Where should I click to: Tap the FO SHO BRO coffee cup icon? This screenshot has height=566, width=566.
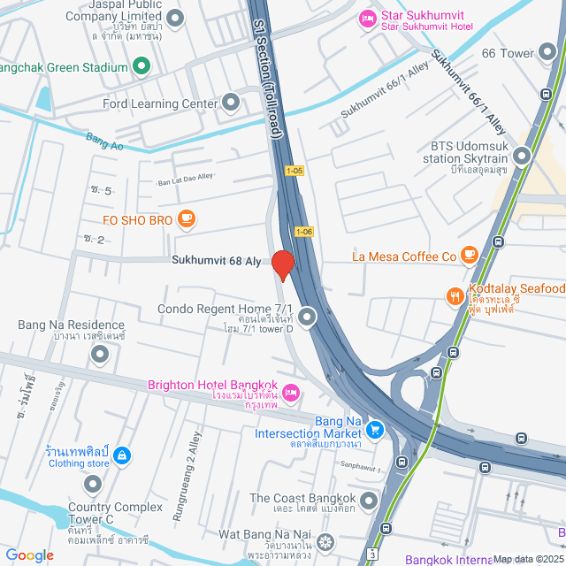point(186,218)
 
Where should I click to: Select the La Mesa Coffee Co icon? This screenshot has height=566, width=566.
point(470,256)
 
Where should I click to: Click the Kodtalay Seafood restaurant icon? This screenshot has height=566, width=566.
point(455,296)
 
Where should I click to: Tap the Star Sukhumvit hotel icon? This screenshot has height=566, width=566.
point(366,19)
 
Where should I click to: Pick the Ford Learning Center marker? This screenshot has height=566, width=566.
point(232,103)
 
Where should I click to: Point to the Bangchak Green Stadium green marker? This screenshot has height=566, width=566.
point(141,65)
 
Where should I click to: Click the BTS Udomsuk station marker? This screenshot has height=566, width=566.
point(522,157)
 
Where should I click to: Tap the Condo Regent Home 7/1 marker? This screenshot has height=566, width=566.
point(307,316)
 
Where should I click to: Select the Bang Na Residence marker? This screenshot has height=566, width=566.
point(100,355)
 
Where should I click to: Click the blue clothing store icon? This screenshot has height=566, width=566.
point(122,456)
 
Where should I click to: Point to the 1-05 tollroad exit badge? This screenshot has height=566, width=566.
point(294,170)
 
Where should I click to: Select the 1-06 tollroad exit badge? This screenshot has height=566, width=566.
point(304,232)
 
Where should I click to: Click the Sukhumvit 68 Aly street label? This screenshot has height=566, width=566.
point(216,261)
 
